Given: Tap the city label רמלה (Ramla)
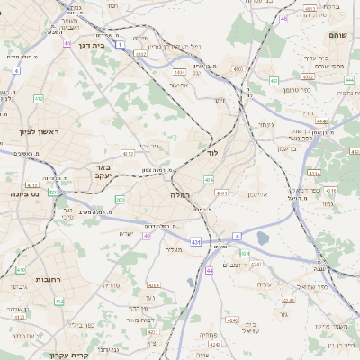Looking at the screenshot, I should pos(178,194).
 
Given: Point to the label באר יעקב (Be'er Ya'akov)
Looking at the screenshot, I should pos(102,173).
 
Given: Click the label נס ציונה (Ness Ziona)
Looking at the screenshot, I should pos(23,193).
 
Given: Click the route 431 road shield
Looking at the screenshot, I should pos(195,242).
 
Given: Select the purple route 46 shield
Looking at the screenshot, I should pos(284,18).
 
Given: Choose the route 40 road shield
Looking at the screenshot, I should pos(146,236).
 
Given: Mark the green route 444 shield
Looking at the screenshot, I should pos(347,78).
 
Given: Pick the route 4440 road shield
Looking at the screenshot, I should pos(321,121).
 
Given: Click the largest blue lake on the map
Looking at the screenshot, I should pos(262,238).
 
